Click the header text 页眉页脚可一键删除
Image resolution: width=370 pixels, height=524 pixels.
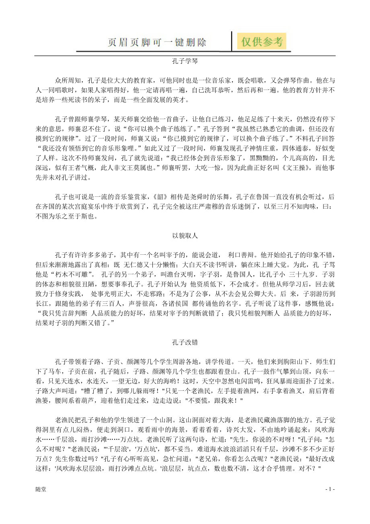tap(158, 42)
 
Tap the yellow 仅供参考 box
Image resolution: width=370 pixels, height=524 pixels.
tap(262, 41)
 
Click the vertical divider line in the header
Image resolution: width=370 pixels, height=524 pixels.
tap(232, 41)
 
